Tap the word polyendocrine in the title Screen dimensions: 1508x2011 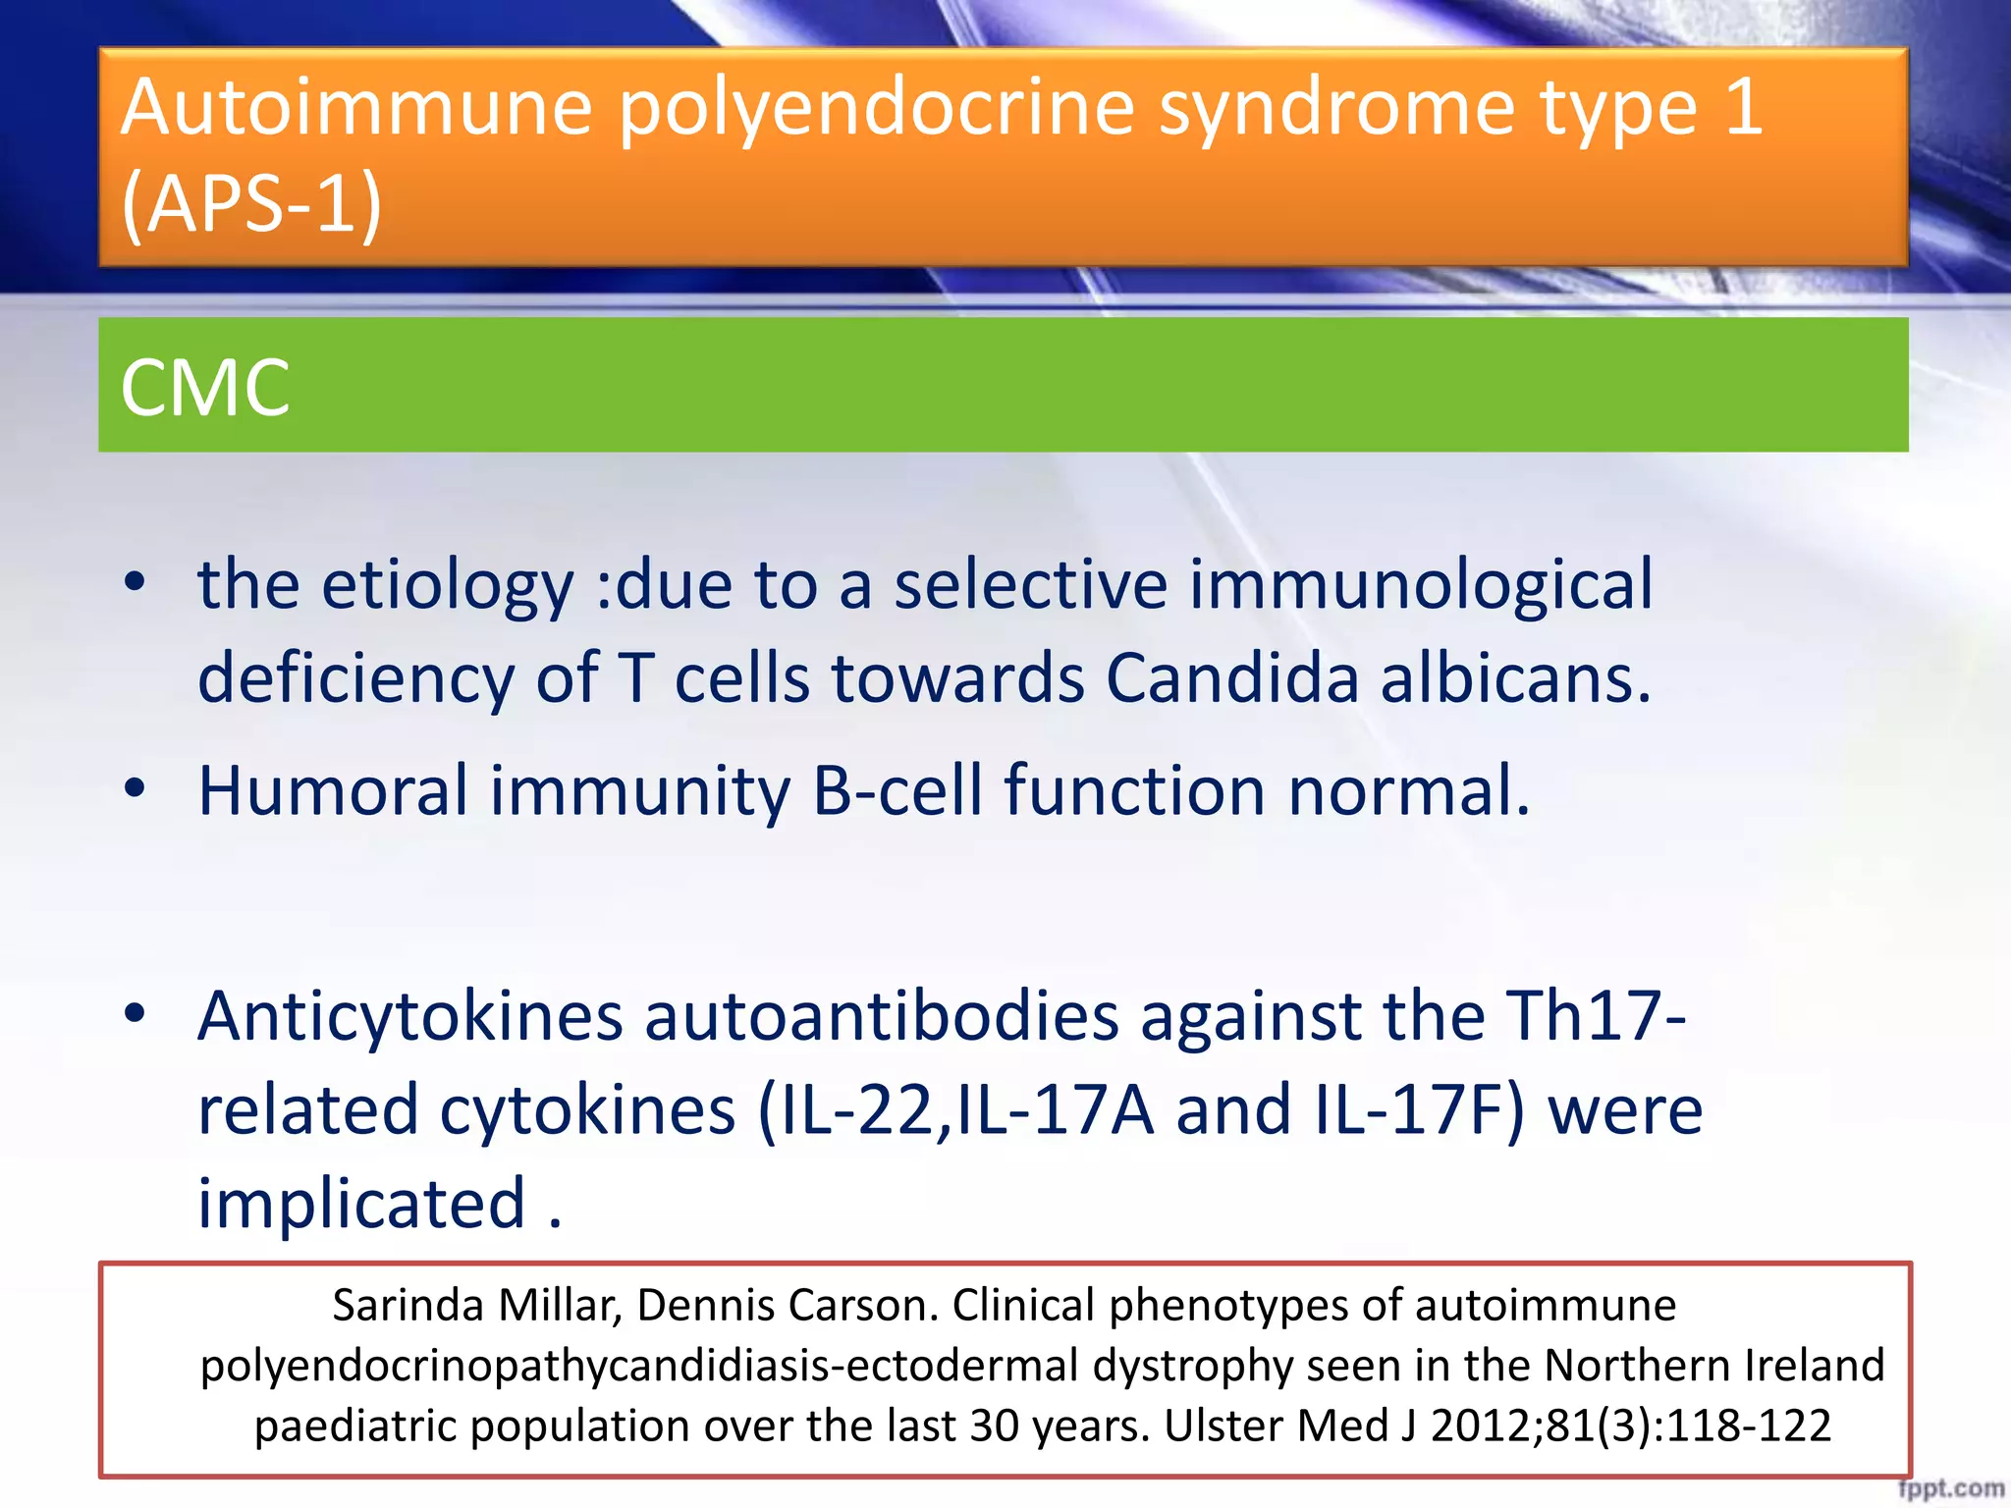(x=877, y=108)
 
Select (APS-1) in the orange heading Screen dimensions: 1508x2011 (x=251, y=203)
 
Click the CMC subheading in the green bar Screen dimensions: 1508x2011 (x=205, y=388)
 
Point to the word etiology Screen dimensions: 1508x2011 (x=447, y=586)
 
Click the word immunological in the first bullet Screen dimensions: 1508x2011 (x=1421, y=586)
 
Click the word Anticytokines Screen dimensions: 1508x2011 (x=410, y=1016)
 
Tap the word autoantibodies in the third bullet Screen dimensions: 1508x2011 (x=882, y=1016)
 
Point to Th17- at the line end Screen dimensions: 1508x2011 (x=1597, y=1016)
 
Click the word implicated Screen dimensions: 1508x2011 (x=362, y=1205)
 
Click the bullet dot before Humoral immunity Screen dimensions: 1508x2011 (x=136, y=787)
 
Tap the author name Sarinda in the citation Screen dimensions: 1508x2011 (x=408, y=1306)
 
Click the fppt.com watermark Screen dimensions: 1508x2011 (x=1951, y=1489)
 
